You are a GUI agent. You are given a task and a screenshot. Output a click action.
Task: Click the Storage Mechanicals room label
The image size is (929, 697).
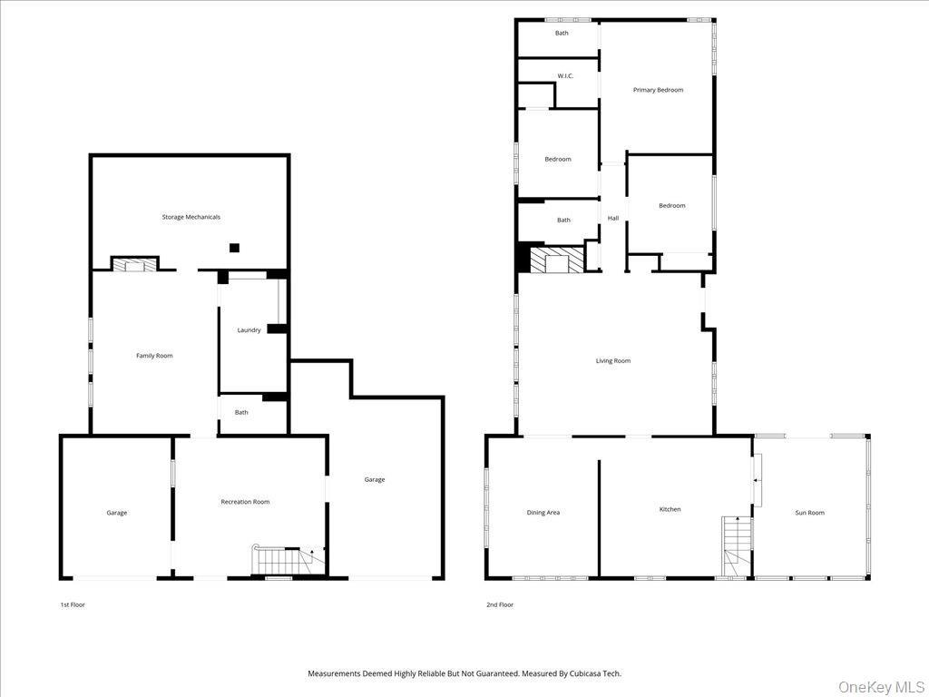[x=191, y=218]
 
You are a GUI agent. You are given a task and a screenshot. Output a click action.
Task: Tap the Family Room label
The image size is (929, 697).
[x=154, y=356]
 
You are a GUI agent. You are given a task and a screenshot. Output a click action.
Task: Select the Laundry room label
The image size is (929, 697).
[x=249, y=330]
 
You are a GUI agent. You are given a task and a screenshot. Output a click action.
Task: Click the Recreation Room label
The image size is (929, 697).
[x=245, y=502]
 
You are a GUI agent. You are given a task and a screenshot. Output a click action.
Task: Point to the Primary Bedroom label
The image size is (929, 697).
[x=658, y=90]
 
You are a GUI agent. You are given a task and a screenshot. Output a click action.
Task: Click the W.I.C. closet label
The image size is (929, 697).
[x=565, y=76]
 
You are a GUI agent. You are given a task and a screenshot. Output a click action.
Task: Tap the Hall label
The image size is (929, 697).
[x=613, y=218]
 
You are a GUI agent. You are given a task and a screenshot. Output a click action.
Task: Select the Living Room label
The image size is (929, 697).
[x=613, y=361]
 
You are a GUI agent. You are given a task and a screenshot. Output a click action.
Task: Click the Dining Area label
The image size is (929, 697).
[x=543, y=513]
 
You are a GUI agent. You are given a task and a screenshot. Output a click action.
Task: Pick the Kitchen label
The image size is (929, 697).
[x=670, y=509]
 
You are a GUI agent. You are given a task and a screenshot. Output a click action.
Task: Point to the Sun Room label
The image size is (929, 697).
[x=809, y=513]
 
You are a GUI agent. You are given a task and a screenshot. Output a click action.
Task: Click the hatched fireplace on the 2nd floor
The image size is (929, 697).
[x=550, y=260]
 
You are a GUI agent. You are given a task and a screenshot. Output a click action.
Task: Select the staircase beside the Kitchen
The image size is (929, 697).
[x=737, y=546]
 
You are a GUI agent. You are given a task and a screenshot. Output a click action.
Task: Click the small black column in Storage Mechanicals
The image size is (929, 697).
[x=234, y=247]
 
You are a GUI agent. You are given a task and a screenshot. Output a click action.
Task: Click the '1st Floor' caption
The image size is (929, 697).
[x=72, y=604]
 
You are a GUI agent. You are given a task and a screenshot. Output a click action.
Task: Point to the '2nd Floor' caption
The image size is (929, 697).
[x=499, y=604]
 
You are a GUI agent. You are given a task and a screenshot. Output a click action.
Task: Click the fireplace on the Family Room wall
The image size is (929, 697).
[x=134, y=265]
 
